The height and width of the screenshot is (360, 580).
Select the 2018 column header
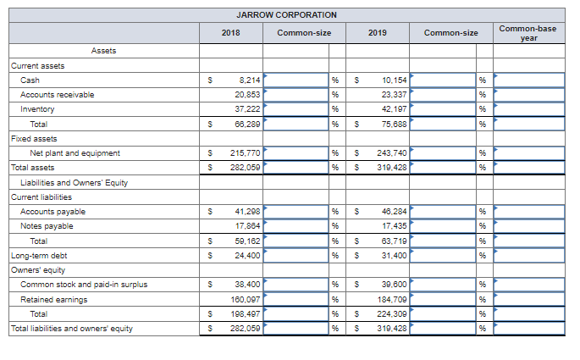point(230,32)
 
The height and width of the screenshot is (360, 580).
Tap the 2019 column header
point(378,32)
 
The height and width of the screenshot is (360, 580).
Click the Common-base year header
point(528,33)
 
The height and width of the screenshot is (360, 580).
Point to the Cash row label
point(30,80)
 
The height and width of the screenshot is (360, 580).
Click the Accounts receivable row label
point(57,95)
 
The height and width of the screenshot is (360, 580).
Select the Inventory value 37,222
point(248,109)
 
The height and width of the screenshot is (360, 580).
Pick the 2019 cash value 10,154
point(395,80)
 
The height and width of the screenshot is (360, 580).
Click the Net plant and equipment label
point(75,153)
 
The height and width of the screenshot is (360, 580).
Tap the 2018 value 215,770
point(246,153)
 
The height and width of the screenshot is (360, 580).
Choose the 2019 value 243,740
point(393,153)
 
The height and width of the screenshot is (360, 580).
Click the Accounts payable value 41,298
point(247,212)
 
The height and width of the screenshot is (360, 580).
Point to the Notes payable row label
point(47,226)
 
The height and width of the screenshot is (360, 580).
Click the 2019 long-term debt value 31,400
point(395,255)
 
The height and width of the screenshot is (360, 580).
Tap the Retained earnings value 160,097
point(246,299)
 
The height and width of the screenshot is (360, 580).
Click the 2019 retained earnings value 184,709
point(393,299)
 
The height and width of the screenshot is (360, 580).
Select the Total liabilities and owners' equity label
point(71,329)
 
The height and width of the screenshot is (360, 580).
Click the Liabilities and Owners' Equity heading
point(74,182)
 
